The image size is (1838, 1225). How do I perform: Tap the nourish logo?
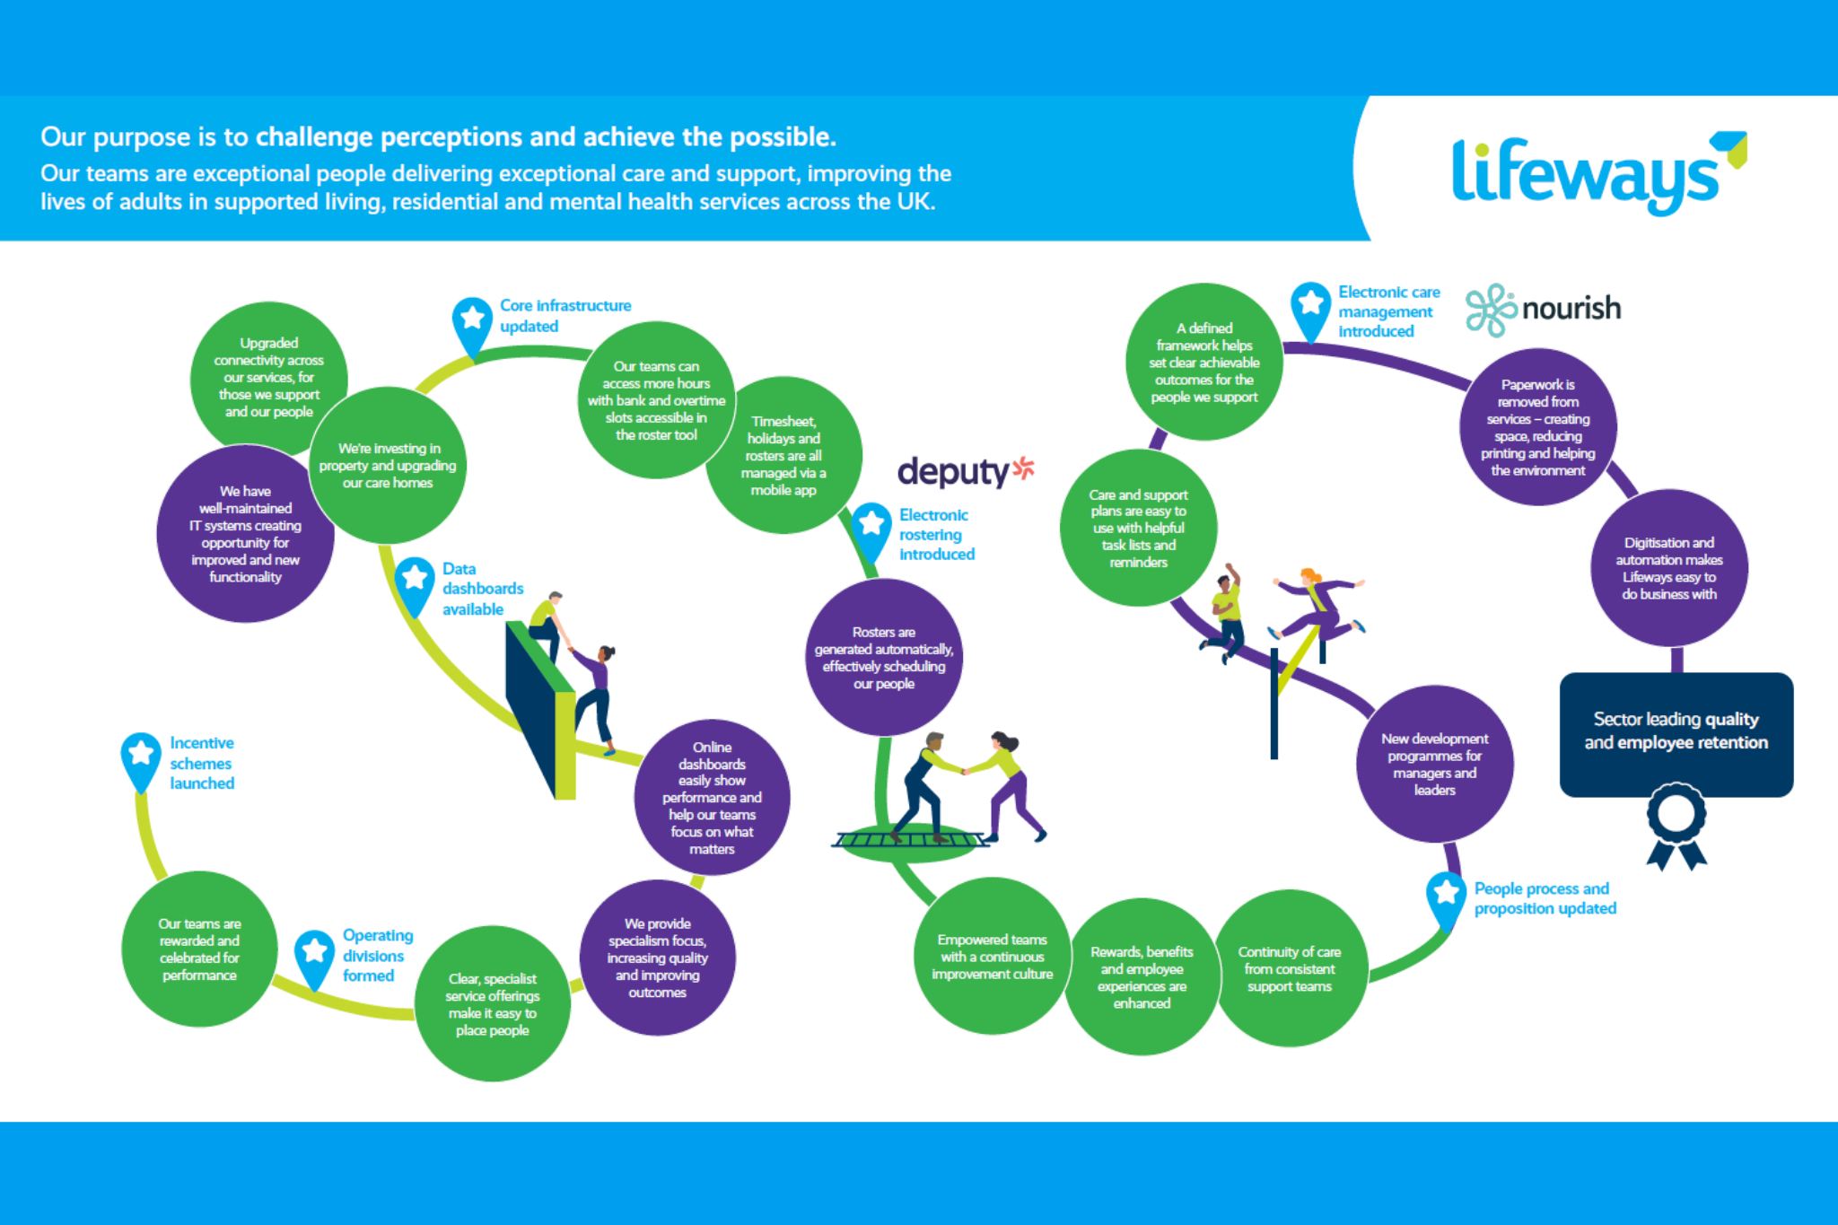(1544, 310)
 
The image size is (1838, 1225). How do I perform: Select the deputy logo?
(965, 471)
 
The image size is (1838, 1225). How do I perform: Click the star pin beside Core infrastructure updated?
(472, 321)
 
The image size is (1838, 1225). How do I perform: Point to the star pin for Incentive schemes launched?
(141, 757)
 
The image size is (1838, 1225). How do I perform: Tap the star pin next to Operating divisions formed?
(314, 953)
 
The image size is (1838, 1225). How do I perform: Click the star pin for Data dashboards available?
(415, 582)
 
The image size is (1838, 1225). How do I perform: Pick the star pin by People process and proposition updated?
(1446, 896)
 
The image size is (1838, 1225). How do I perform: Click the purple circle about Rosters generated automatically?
(883, 658)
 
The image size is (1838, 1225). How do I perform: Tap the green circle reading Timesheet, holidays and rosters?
(783, 455)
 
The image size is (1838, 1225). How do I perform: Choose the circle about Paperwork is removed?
(1537, 427)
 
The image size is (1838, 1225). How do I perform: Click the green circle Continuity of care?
(1289, 968)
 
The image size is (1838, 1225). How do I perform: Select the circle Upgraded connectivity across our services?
(268, 377)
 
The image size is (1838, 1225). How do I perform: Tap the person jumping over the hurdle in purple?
(1316, 606)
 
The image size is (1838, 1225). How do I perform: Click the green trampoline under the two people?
(911, 842)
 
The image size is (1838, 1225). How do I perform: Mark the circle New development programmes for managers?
(1434, 764)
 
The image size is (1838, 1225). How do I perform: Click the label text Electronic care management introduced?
(1387, 311)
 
